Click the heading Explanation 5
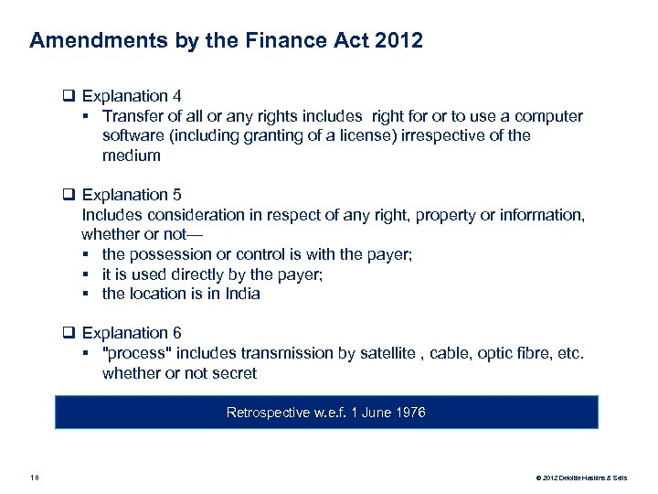(132, 195)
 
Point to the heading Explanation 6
(132, 334)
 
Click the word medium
(132, 156)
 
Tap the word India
(242, 295)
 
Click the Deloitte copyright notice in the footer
(585, 478)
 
